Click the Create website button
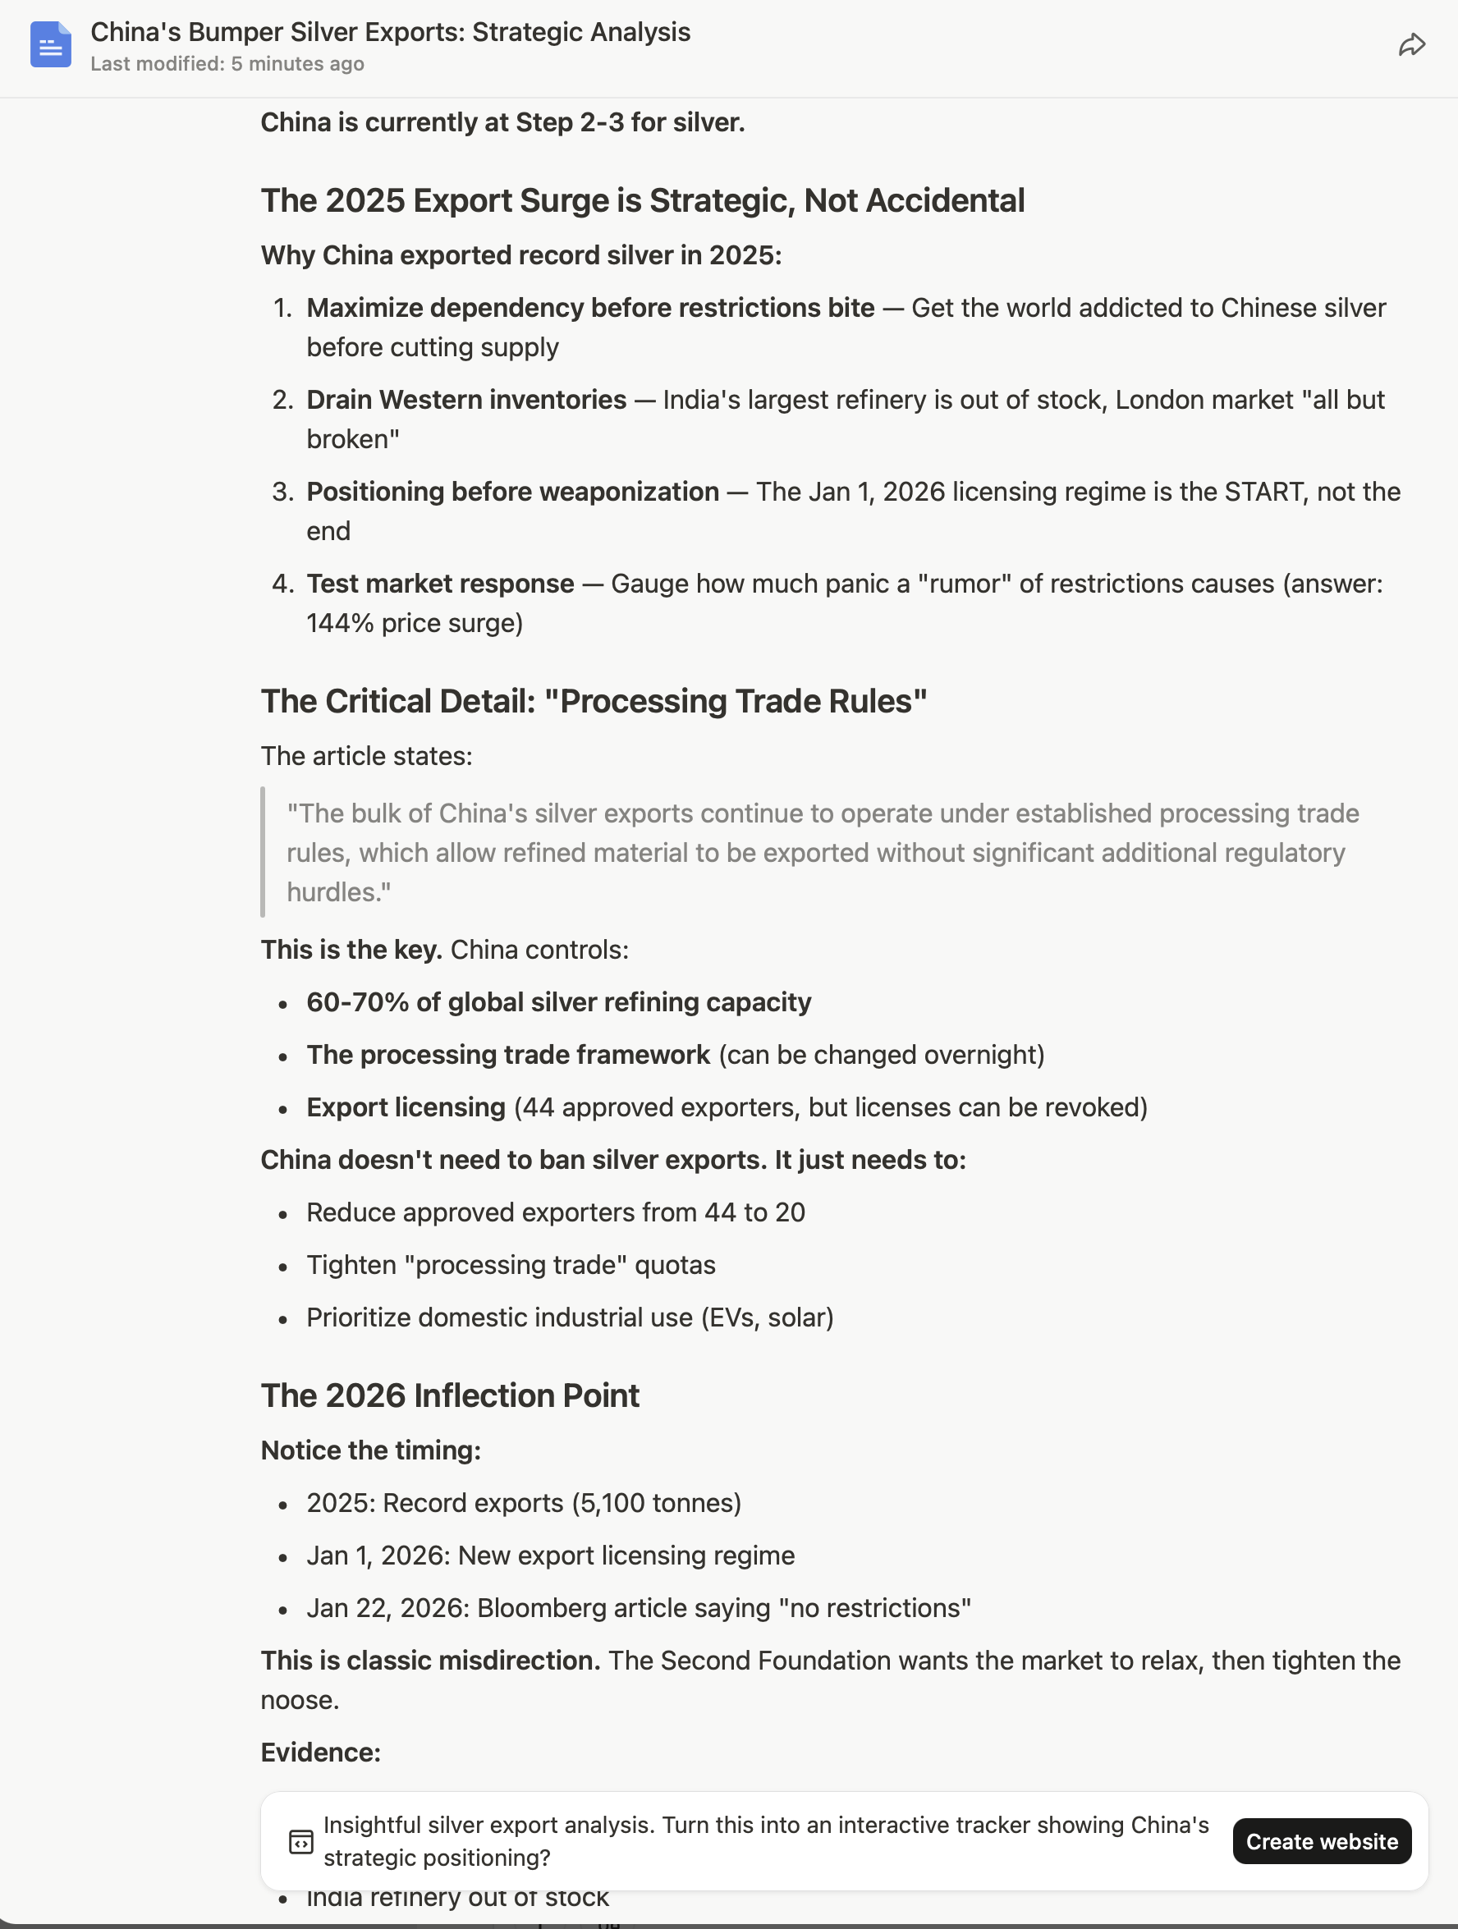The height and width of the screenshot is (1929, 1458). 1321,1841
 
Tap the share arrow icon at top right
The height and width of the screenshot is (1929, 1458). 1411,44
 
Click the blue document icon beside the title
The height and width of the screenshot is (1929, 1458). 51,44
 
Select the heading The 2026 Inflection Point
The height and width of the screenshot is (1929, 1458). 450,1395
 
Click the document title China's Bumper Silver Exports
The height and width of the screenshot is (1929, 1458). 390,32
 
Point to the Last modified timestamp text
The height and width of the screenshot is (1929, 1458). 227,65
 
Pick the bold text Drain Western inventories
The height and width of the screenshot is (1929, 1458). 465,400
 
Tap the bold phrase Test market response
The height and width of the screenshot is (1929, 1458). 439,584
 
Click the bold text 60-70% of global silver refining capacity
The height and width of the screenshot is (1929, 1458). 558,1002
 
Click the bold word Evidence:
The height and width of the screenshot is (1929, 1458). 320,1752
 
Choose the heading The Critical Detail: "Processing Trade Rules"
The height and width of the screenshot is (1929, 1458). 593,701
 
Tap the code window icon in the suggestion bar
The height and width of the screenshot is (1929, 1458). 300,1841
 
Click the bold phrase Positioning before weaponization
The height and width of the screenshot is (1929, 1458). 512,492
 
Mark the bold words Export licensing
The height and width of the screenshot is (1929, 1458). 406,1107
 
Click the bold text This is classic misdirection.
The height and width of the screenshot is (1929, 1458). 430,1661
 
